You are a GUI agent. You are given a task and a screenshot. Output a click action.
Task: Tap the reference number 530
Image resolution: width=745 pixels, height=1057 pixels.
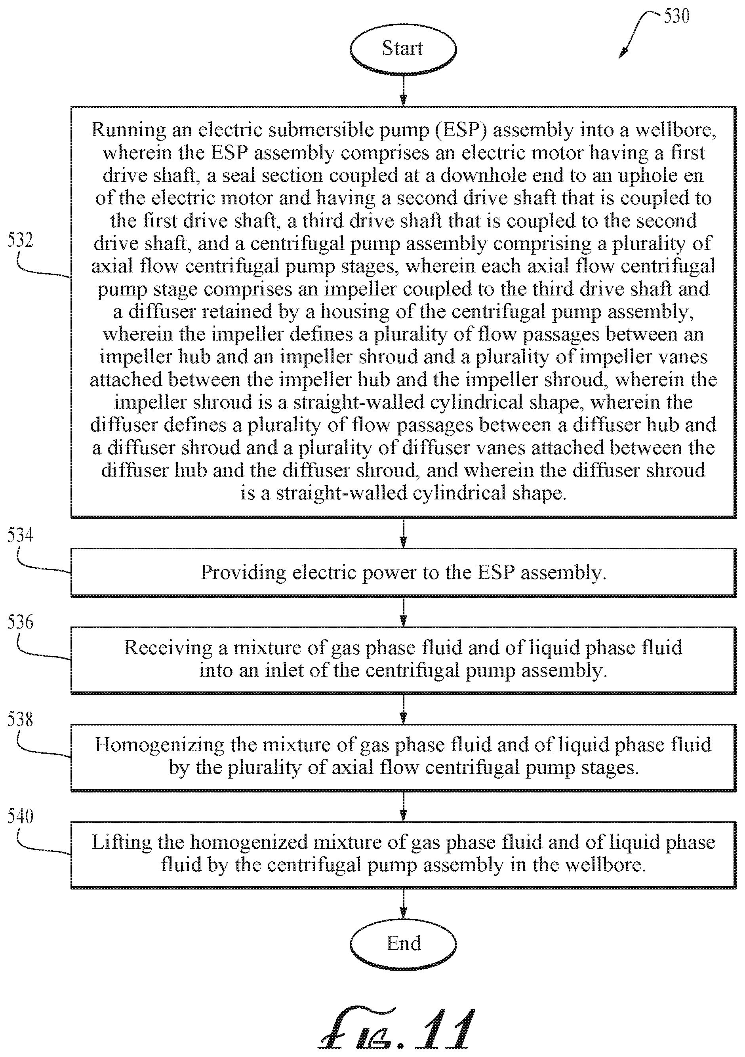point(676,17)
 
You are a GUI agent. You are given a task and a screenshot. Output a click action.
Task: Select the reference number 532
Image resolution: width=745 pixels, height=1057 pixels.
point(20,240)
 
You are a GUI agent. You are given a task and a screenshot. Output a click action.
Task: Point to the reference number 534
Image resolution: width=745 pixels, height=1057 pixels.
point(20,535)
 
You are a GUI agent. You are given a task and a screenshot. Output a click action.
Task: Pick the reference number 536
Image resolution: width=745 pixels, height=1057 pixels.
point(20,622)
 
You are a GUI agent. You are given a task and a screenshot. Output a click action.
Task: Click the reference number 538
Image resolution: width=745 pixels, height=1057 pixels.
point(20,720)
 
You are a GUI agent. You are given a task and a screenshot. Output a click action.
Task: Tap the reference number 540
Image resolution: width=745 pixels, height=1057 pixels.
point(20,816)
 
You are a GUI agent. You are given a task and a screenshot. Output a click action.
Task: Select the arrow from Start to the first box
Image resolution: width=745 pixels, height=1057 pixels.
point(403,91)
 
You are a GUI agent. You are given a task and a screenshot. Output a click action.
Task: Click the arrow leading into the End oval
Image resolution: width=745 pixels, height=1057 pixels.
point(403,903)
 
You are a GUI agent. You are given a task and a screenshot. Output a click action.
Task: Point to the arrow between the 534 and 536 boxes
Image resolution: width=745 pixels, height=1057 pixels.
point(403,612)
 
